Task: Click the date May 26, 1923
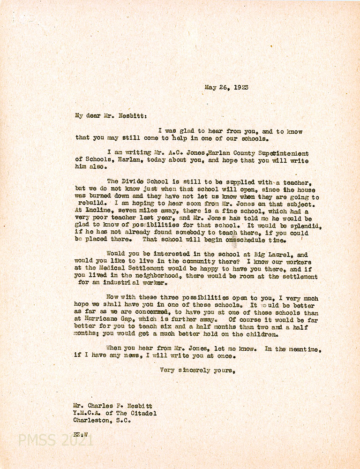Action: [226, 87]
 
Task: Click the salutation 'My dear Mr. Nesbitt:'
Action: [105, 115]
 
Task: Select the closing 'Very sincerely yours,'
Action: [197, 370]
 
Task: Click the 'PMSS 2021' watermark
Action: [56, 440]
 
